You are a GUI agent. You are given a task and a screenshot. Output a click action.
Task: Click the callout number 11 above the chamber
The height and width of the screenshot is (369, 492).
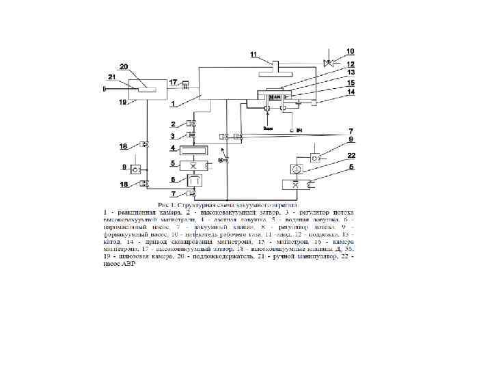[254, 54]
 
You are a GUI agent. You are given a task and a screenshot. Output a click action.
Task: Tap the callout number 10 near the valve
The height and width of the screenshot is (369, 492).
[350, 51]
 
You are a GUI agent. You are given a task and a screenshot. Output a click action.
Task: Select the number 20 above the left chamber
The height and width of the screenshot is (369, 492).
[123, 66]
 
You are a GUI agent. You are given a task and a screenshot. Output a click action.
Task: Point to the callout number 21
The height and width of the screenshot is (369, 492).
[112, 77]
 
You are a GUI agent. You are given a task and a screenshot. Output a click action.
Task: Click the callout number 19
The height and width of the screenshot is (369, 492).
[122, 102]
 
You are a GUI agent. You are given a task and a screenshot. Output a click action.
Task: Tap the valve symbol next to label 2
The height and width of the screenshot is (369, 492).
[192, 124]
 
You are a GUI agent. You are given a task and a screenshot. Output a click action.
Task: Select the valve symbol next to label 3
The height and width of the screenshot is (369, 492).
[192, 137]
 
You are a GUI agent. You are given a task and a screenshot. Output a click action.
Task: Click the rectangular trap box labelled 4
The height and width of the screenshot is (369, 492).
[193, 150]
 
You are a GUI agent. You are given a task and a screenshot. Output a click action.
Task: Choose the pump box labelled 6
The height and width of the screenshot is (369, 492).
[193, 180]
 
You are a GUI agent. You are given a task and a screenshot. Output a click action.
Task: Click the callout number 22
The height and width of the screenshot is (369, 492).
[351, 156]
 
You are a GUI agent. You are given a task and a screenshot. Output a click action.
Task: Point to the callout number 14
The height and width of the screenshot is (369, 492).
[351, 92]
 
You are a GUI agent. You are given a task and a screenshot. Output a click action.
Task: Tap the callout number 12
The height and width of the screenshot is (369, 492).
[351, 64]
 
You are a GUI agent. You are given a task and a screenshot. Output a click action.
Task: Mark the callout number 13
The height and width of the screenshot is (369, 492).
[351, 72]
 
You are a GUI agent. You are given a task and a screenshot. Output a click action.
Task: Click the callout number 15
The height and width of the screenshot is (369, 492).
[351, 83]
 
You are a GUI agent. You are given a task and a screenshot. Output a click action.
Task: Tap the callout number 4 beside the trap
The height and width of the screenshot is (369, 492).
[174, 148]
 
